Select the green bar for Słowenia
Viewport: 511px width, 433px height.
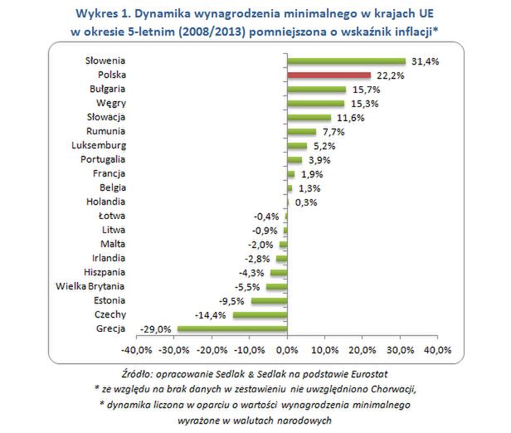pyautogui.click(x=346, y=61)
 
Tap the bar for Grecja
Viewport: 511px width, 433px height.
pyautogui.click(x=232, y=328)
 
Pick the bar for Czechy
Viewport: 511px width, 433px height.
pyautogui.click(x=260, y=314)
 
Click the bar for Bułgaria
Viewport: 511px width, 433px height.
pyautogui.click(x=316, y=89)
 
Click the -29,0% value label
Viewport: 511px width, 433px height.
pyautogui.click(x=158, y=329)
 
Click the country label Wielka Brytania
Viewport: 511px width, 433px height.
pyautogui.click(x=90, y=286)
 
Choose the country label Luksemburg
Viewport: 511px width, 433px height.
pyautogui.click(x=99, y=145)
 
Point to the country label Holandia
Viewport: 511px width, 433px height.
pyautogui.click(x=105, y=202)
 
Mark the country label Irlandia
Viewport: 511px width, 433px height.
pyautogui.click(x=108, y=258)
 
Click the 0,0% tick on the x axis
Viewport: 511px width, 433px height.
pyautogui.click(x=287, y=348)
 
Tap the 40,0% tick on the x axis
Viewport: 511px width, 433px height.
pyautogui.click(x=437, y=348)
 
